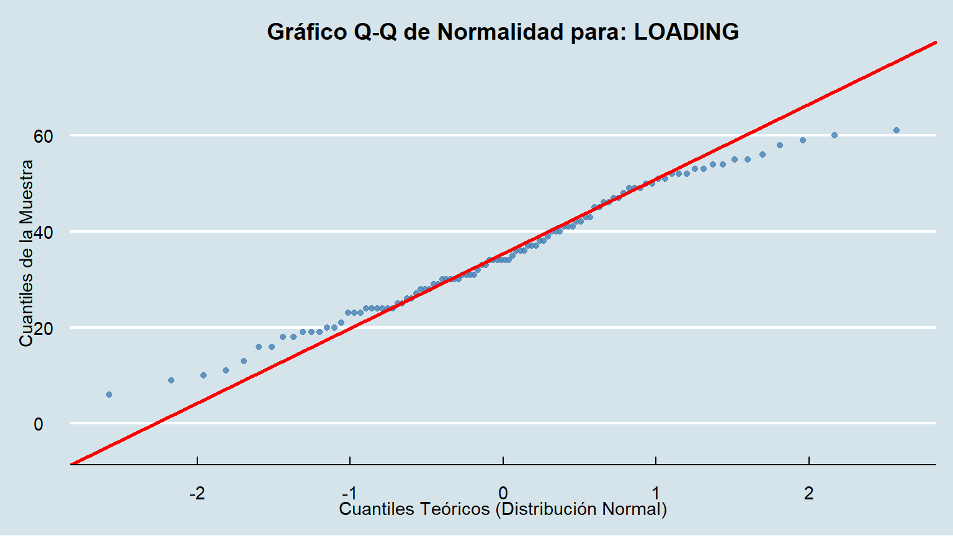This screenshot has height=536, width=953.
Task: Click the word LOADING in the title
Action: tap(686, 32)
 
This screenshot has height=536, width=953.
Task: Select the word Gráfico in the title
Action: tap(307, 32)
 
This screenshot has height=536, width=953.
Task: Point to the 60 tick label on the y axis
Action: tap(43, 136)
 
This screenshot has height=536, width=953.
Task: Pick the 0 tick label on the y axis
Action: tap(38, 424)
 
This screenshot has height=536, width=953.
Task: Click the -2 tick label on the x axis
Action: tap(197, 494)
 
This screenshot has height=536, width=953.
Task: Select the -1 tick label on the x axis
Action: tap(349, 494)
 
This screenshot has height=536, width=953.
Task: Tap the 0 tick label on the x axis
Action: tap(503, 494)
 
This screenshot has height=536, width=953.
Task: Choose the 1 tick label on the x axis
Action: tap(656, 494)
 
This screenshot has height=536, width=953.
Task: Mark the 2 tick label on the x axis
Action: tap(808, 494)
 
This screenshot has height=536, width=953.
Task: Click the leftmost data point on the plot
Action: tap(109, 395)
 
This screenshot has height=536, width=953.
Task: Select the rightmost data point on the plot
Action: tap(897, 130)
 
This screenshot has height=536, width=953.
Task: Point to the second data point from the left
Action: tap(171, 380)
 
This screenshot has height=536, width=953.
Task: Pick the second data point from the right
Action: tap(834, 135)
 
